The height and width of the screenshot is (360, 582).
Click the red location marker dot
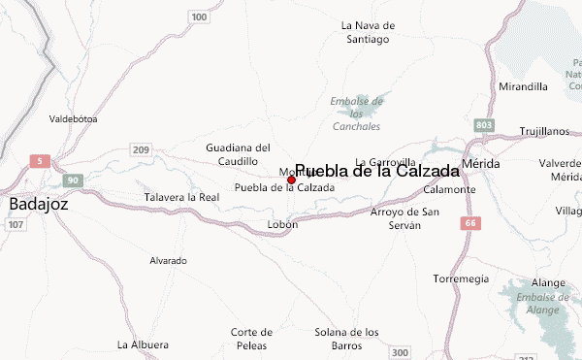click(x=291, y=180)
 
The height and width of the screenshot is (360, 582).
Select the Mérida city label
click(x=481, y=164)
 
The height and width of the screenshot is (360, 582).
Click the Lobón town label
click(x=282, y=224)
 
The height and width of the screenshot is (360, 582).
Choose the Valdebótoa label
click(x=74, y=119)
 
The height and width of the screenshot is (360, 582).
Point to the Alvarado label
click(x=168, y=261)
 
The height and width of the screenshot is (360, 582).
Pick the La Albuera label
click(x=143, y=344)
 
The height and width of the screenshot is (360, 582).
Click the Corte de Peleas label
click(x=251, y=339)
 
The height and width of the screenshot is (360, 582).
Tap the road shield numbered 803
click(x=485, y=126)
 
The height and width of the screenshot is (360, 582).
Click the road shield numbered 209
click(x=142, y=149)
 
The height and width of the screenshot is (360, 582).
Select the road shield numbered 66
click(x=471, y=223)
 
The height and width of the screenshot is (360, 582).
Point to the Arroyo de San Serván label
click(x=405, y=218)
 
